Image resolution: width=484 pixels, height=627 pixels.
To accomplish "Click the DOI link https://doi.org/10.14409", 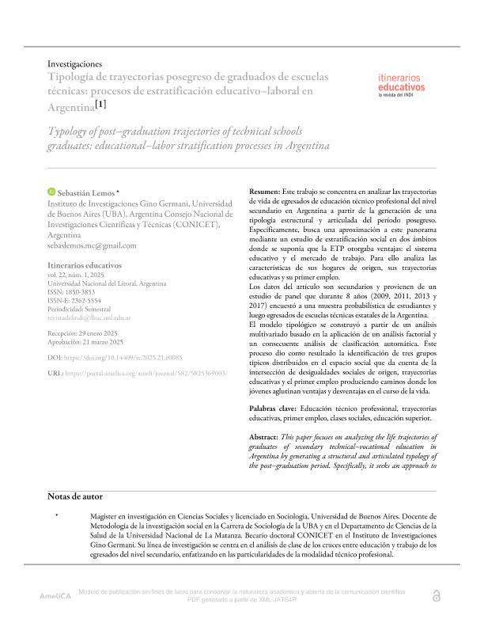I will pos(118,358).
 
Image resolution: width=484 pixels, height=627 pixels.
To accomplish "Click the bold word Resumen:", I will pos(264,192).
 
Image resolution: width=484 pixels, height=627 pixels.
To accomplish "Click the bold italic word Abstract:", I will pos(264,437).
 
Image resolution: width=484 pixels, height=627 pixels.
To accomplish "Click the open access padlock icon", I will pos(436,596).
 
